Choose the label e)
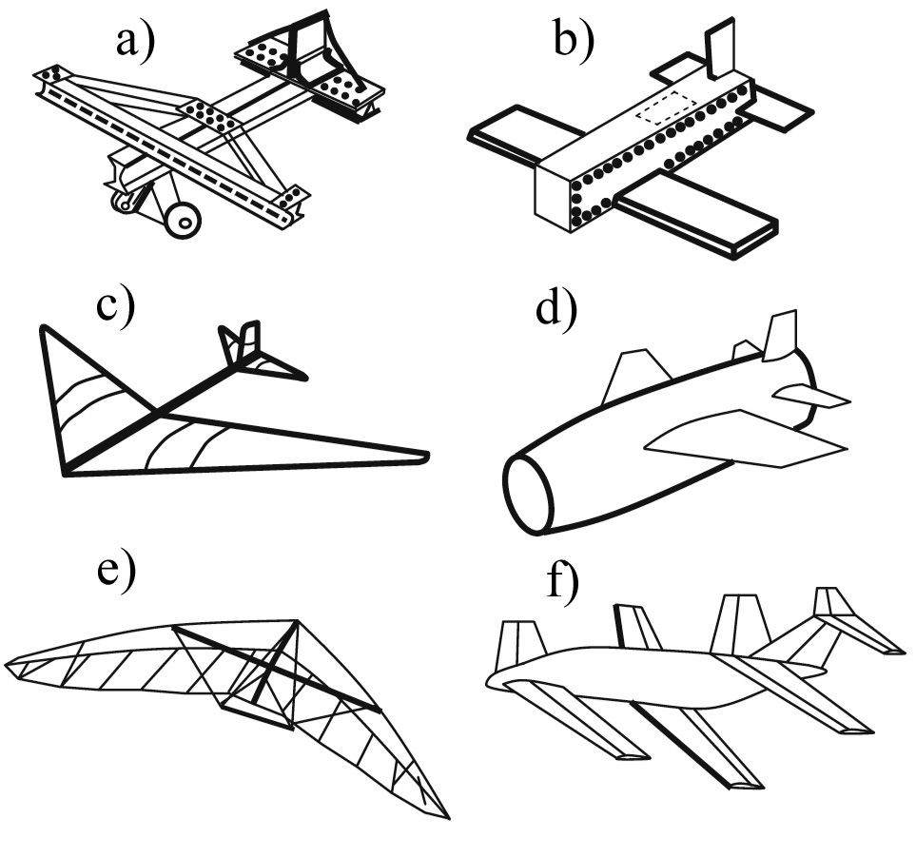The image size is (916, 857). click(x=114, y=574)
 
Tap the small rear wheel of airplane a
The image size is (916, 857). click(x=123, y=202)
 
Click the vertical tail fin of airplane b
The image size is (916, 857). click(x=719, y=49)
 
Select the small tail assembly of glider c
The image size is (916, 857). click(x=249, y=352)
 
